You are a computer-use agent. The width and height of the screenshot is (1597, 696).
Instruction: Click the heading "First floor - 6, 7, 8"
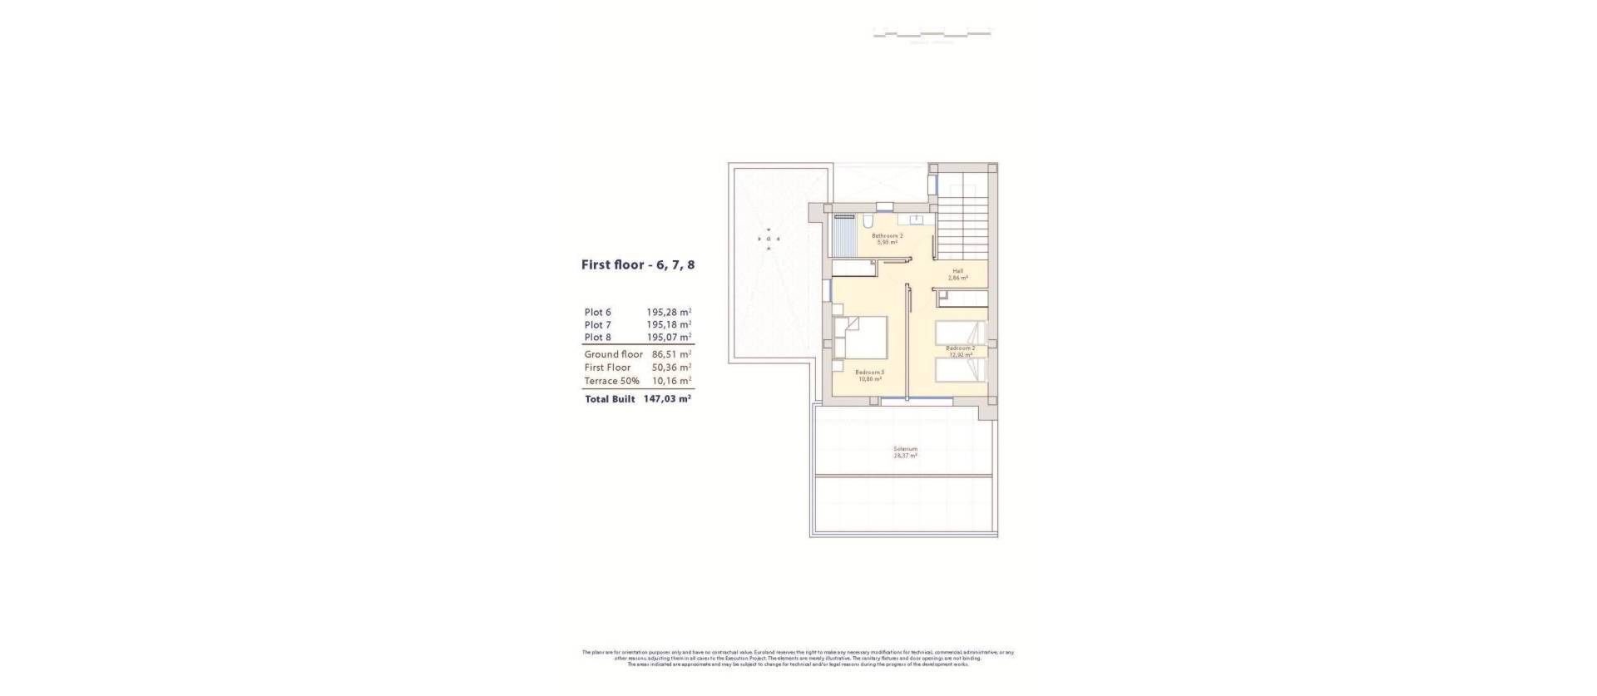coord(637,265)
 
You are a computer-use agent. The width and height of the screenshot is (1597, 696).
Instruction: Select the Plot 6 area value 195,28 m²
coord(669,313)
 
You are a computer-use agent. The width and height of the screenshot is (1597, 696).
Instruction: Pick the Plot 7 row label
coord(597,325)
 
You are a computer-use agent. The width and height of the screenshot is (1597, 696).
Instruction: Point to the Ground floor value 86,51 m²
coord(671,354)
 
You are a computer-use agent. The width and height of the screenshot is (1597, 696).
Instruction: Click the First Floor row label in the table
coord(607,368)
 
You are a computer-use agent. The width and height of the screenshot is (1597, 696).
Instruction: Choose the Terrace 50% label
coord(611,381)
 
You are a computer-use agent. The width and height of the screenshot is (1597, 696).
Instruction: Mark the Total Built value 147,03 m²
coord(667,399)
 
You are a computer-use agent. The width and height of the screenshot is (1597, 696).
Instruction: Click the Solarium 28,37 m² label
coord(905,452)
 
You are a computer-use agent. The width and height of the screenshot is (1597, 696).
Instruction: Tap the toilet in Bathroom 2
coord(868,222)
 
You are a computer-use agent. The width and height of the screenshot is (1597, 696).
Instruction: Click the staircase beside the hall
coord(961,220)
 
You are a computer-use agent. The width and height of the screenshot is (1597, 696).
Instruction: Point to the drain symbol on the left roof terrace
coord(769,239)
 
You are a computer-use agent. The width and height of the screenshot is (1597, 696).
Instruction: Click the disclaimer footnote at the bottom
coord(798,659)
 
